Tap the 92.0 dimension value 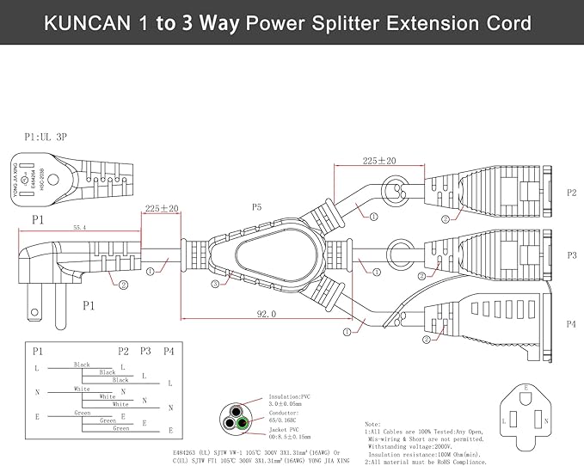tap(267, 315)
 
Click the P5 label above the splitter tap(256, 207)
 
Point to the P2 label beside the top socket tap(571, 193)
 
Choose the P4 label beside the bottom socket tap(571, 324)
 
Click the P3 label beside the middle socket tap(571, 255)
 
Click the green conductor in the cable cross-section tap(245, 422)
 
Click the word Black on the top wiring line tap(83, 365)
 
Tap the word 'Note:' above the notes tap(372, 425)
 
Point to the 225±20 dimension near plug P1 tap(161, 209)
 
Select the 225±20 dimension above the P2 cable tap(378, 161)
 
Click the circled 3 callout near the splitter tap(214, 283)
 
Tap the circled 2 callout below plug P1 tap(123, 285)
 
